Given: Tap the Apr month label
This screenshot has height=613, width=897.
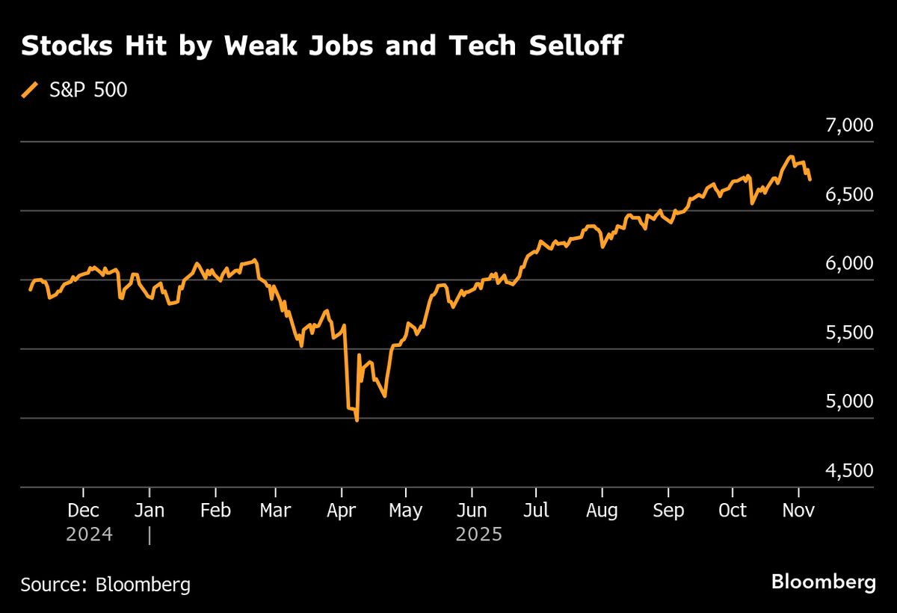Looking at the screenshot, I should pos(342,511).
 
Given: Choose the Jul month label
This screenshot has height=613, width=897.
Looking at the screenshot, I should pos(536,511).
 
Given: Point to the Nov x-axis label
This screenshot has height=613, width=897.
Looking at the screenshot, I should pos(798,511).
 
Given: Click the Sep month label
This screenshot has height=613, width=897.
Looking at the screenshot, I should pos(668,511).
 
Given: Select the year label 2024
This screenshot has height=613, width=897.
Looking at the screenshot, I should pos(89,535).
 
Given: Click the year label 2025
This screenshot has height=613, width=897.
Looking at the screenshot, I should pos(479,535).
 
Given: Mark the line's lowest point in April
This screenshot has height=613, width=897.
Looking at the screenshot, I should pos(357,421).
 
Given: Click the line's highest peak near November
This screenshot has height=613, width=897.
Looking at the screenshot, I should pos(790,157).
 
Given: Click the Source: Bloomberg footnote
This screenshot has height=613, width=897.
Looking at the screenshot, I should pos(105,585).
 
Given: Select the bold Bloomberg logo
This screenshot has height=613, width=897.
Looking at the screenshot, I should pos(823,582).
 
